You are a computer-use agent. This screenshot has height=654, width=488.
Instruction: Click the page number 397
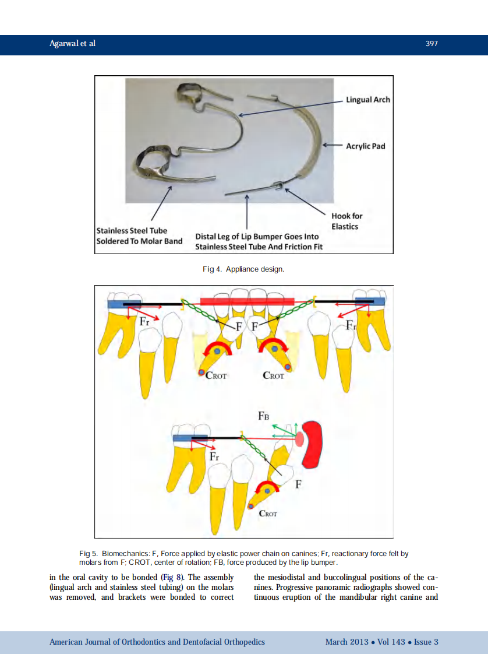[432, 43]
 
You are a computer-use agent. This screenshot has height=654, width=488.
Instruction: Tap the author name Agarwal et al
[73, 43]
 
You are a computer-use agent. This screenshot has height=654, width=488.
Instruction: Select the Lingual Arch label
[368, 100]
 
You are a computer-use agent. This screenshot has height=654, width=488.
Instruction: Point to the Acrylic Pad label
[366, 146]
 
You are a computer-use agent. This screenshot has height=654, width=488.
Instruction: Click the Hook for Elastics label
[346, 221]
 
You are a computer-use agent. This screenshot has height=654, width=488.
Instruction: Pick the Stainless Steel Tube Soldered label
[139, 235]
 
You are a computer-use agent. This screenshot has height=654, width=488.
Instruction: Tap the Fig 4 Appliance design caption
[243, 269]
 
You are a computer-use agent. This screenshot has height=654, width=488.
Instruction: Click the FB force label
[263, 416]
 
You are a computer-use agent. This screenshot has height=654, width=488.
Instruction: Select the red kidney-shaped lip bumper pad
[312, 444]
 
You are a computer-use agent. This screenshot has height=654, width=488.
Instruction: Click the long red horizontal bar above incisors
[247, 301]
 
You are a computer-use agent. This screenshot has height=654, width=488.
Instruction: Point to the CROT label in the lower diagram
[267, 514]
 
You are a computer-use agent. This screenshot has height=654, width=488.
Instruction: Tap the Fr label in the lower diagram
[214, 456]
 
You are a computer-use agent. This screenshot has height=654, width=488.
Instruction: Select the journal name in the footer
[157, 642]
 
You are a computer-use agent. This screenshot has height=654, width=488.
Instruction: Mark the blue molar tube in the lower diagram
[190, 438]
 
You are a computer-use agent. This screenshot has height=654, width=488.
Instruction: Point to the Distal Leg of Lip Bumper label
[259, 241]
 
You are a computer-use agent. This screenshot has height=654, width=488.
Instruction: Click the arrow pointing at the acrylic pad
[332, 145]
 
